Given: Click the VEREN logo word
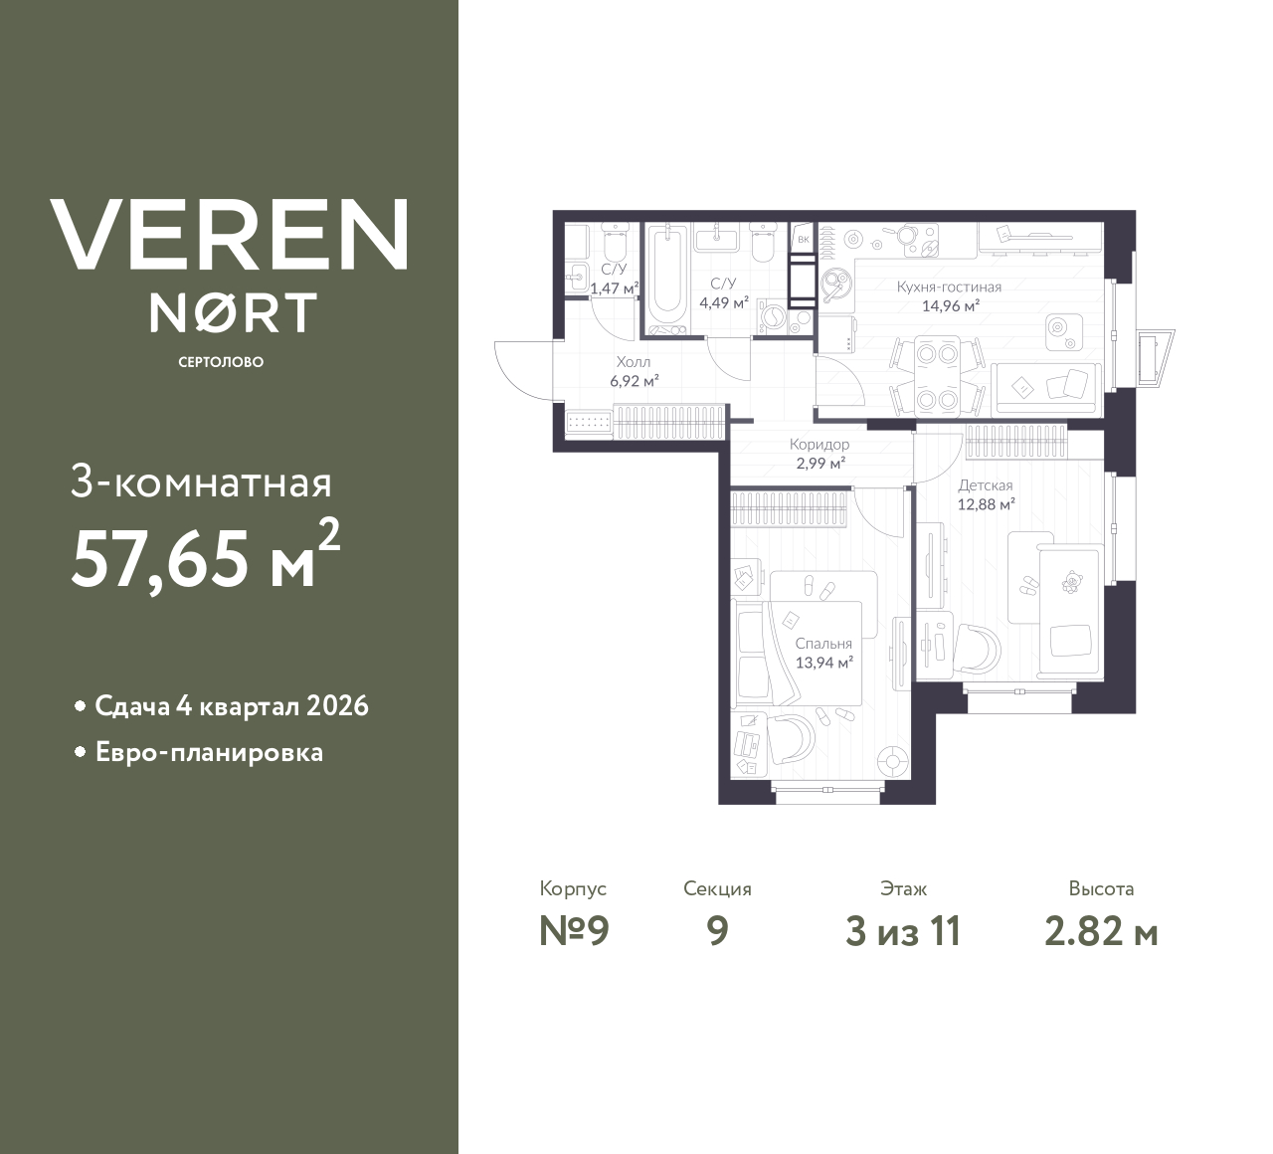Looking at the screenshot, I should pyautogui.click(x=229, y=235).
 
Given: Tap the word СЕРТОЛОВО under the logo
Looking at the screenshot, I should pyautogui.click(x=221, y=362).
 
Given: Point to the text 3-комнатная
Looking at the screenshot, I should pyautogui.click(x=201, y=483).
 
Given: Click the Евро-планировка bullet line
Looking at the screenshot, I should pyautogui.click(x=209, y=752).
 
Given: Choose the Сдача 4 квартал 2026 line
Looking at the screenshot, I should pyautogui.click(x=232, y=706).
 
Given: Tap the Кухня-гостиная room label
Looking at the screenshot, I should pyautogui.click(x=948, y=287).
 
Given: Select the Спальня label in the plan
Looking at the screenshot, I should pyautogui.click(x=823, y=644).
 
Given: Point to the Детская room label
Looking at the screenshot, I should pyautogui.click(x=985, y=485).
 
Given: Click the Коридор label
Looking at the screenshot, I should pyautogui.click(x=818, y=445).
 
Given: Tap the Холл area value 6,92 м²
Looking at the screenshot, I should pyautogui.click(x=633, y=379).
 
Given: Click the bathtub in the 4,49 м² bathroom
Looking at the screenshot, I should pyautogui.click(x=666, y=280).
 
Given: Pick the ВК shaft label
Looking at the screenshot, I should pyautogui.click(x=802, y=240).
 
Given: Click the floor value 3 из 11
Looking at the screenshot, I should pyautogui.click(x=903, y=932).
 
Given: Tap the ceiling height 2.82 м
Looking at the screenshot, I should pyautogui.click(x=1101, y=932).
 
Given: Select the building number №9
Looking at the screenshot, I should pyautogui.click(x=573, y=932).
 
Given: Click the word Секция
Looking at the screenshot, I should pyautogui.click(x=717, y=888).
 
